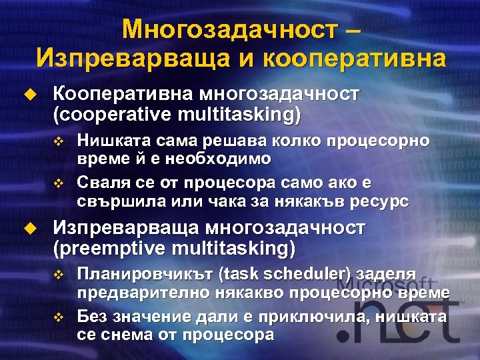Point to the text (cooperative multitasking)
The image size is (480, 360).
tap(177, 115)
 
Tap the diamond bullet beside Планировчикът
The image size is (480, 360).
tap(57, 275)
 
